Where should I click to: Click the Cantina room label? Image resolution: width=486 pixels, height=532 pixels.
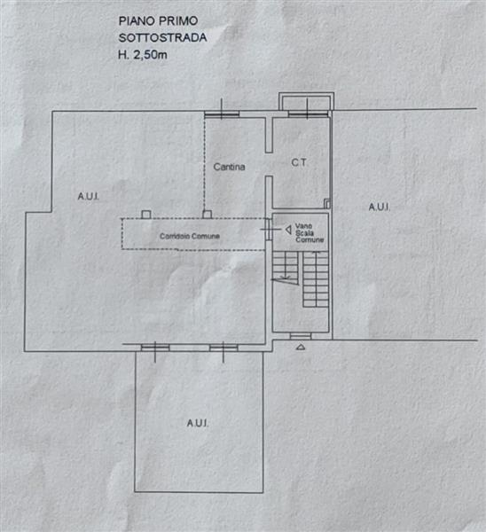229,167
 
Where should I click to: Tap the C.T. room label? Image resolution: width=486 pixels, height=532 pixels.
299,163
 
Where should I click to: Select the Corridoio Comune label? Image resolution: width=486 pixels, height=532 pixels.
190,236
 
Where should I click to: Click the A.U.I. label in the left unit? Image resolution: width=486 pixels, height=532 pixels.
89,197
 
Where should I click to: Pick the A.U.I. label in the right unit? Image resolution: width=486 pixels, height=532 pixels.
380,207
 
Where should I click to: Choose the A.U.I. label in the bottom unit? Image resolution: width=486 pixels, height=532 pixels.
198,423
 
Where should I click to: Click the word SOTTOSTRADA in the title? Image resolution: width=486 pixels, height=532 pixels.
162,37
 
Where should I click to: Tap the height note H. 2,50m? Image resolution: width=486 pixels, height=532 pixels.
143,55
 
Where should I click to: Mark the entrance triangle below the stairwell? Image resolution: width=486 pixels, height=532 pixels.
301,347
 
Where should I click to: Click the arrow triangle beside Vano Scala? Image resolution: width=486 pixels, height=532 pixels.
288,230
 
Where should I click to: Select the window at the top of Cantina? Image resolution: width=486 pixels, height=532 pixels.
222,114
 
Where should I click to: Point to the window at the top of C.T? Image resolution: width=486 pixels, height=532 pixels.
308,113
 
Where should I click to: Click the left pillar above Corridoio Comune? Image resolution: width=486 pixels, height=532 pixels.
146,215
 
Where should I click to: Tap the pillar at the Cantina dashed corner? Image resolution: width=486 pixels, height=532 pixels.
207,215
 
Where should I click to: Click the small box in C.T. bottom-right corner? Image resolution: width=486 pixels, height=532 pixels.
327,204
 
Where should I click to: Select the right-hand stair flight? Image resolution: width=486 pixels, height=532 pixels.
316,279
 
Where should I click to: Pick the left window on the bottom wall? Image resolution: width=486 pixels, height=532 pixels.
155,348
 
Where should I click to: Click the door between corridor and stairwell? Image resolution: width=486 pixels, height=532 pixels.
269,230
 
